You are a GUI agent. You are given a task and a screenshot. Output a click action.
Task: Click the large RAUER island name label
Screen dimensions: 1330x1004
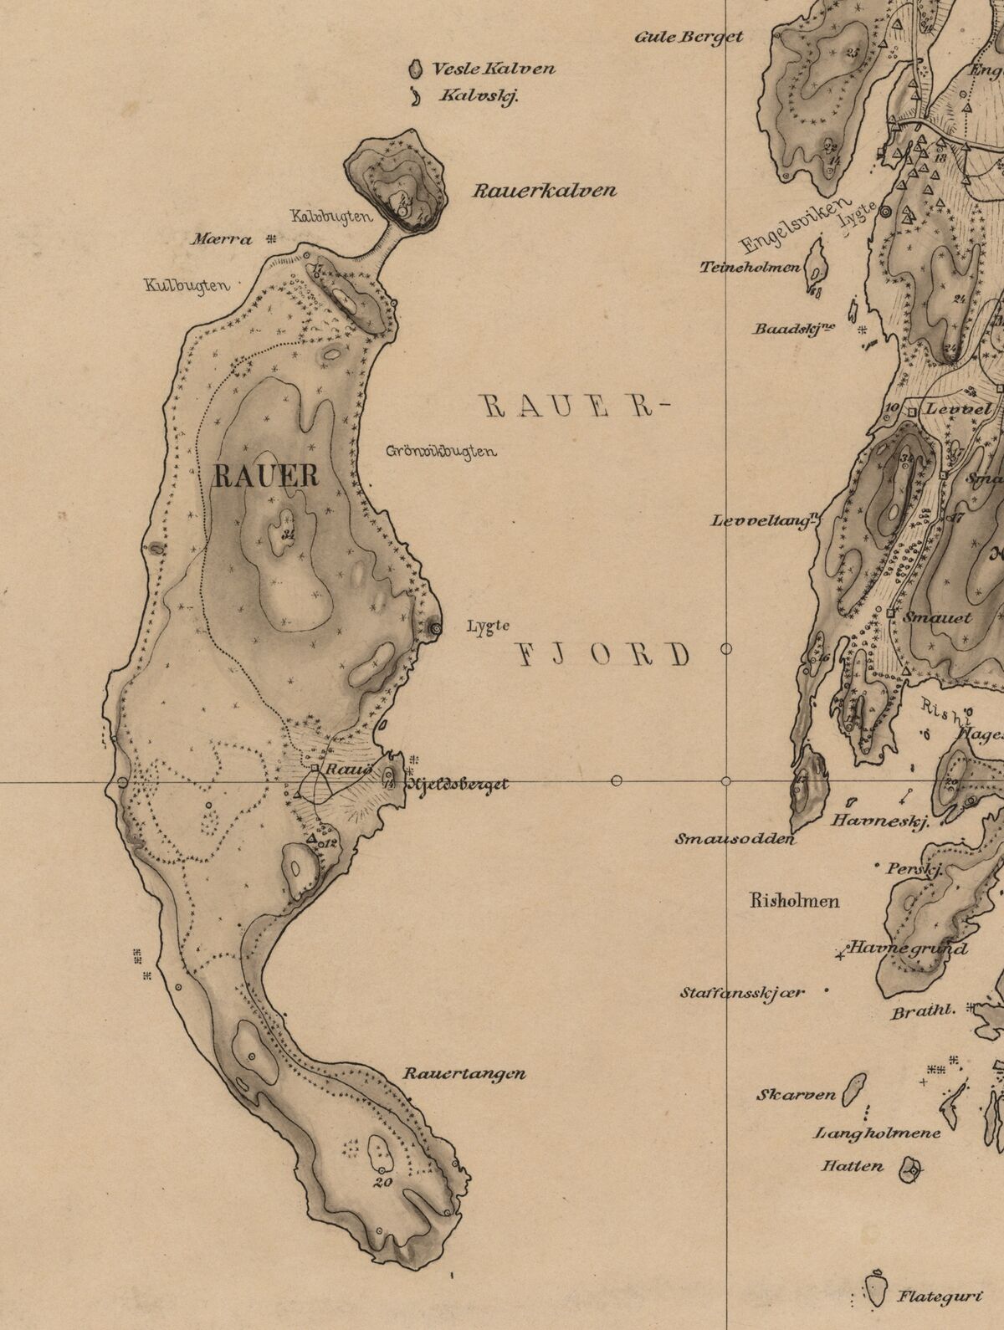(x=266, y=477)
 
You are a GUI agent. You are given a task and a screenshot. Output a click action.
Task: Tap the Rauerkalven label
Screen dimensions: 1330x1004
(x=545, y=191)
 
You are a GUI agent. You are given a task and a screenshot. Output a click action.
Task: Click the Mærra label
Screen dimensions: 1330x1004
(x=221, y=240)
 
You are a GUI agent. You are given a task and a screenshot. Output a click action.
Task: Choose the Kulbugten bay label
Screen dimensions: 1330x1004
(x=187, y=285)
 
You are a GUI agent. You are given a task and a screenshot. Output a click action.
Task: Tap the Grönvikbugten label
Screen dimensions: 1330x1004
(x=442, y=452)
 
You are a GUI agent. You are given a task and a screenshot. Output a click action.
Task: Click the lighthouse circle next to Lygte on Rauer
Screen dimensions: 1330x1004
(x=435, y=628)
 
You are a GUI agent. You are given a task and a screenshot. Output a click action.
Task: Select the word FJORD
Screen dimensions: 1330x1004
(x=601, y=655)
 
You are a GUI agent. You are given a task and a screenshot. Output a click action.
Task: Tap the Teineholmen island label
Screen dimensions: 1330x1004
(x=751, y=269)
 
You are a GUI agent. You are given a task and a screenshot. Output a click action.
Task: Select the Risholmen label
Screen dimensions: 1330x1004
(x=795, y=902)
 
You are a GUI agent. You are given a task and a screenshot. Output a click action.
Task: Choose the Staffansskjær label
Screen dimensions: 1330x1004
(x=741, y=994)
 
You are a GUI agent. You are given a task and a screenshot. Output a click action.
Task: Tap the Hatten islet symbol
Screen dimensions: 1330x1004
(x=909, y=1169)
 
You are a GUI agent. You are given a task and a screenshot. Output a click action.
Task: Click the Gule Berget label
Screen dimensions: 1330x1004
(x=689, y=37)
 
